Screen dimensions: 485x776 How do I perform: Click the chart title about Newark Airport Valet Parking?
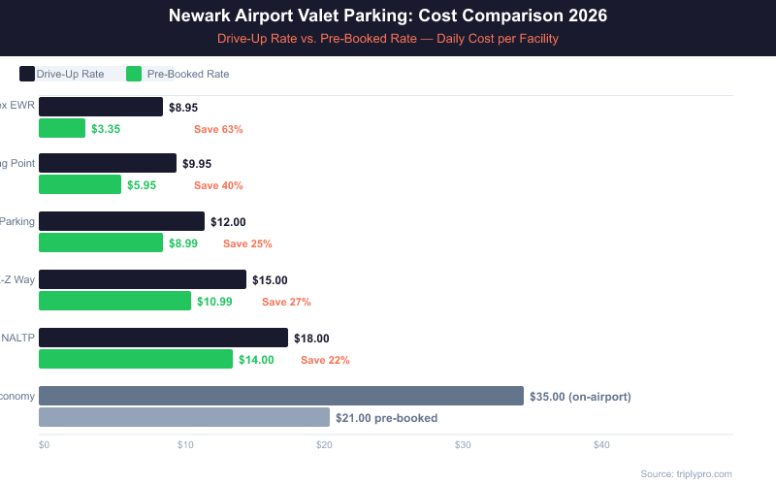[x=388, y=16]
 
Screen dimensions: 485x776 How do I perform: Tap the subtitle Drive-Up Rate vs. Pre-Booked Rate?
[x=388, y=39]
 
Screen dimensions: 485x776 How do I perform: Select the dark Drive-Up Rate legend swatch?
[x=27, y=74]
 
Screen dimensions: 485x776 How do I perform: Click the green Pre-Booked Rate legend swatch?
[x=134, y=74]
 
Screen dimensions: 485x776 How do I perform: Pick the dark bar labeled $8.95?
[x=101, y=107]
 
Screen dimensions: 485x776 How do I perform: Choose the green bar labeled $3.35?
[x=62, y=128]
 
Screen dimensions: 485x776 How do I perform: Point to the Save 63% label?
[x=218, y=129]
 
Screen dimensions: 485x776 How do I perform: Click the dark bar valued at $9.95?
[x=108, y=163]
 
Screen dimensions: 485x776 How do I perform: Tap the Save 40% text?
[x=218, y=185]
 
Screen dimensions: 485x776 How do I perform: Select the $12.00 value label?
[x=228, y=222]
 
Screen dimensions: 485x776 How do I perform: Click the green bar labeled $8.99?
[x=101, y=242]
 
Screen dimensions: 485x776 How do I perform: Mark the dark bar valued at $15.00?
[x=143, y=279]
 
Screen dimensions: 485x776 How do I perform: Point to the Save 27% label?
[x=286, y=302]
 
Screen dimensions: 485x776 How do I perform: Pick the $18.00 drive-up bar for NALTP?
[x=163, y=338]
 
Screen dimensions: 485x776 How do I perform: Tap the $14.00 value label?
[x=256, y=360]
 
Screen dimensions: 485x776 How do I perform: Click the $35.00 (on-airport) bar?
[x=281, y=396]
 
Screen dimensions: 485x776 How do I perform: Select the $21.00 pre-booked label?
[x=386, y=418]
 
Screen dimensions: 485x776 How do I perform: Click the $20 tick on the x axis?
[x=324, y=445]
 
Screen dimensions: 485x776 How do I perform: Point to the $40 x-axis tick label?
[x=601, y=445]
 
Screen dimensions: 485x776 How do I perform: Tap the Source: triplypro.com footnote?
[x=686, y=473]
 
